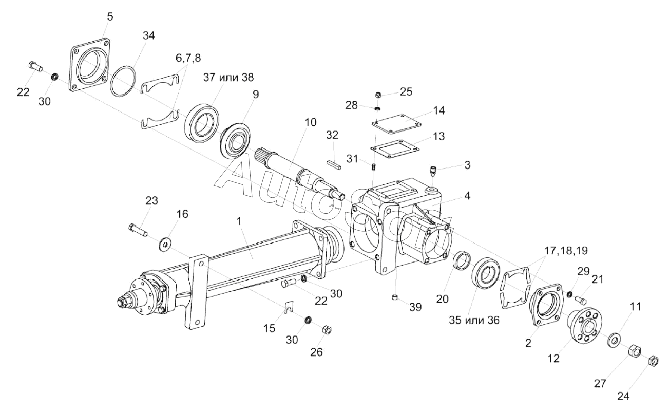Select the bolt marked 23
(x=137, y=230)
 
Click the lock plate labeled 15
(x=291, y=307)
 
